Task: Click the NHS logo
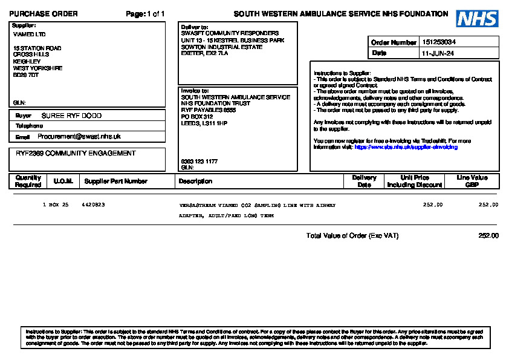[x=477, y=19]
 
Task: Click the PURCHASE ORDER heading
[x=44, y=14]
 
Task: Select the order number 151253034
[x=439, y=42]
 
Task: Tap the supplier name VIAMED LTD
[x=29, y=34]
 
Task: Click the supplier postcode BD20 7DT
[x=26, y=75]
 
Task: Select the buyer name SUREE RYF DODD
[x=71, y=116]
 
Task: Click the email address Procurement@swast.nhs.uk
[x=79, y=137]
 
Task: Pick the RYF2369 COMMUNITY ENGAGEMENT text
[x=76, y=154]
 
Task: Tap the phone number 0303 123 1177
[x=199, y=162]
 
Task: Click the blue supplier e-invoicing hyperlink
[x=406, y=147]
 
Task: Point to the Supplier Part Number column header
[x=115, y=181]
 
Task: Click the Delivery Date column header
[x=364, y=181]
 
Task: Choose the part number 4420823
[x=93, y=205]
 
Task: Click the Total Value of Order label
[x=352, y=236]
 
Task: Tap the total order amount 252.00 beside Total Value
[x=488, y=236]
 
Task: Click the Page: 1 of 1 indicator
[x=145, y=14]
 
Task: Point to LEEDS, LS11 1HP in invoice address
[x=204, y=123]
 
